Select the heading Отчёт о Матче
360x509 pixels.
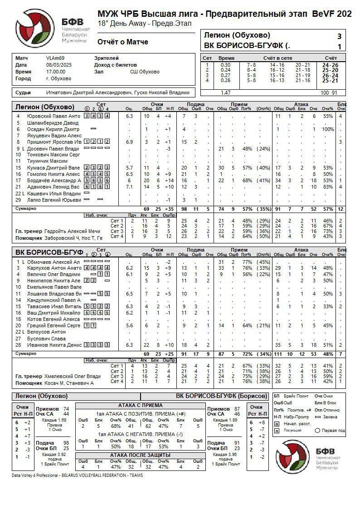click(x=122, y=42)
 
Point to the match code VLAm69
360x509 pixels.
click(x=55, y=58)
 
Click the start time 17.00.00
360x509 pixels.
click(x=56, y=72)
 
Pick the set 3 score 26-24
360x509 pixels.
click(x=330, y=75)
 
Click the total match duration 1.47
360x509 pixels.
click(x=225, y=92)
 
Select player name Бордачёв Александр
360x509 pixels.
click(x=54, y=180)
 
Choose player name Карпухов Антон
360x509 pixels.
click(x=54, y=268)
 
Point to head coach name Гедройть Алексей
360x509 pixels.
click(x=72, y=231)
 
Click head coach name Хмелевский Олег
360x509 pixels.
click(x=73, y=376)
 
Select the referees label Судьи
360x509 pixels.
click(x=23, y=92)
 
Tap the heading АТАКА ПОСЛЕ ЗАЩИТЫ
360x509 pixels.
click(x=140, y=455)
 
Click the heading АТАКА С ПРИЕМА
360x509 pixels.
click(x=140, y=406)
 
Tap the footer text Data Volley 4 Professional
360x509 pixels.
click(x=41, y=475)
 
